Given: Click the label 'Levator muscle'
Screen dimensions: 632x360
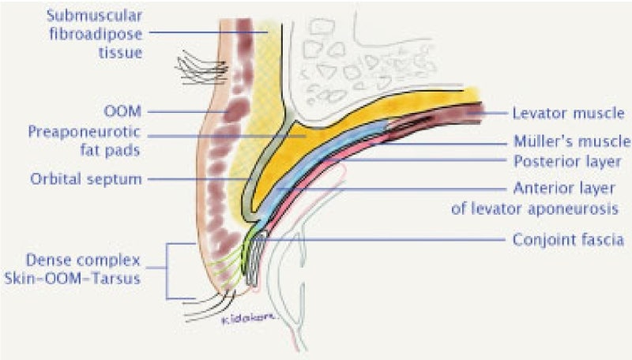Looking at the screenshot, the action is point(568,113).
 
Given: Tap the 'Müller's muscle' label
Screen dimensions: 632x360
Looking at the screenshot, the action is point(571,141).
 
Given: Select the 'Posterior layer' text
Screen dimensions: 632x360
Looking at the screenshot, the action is point(567,162).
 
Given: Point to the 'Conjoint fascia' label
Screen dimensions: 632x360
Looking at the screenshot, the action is point(568,240).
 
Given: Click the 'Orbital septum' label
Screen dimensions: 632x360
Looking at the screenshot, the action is point(86,178).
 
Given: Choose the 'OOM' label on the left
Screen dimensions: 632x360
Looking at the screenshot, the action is point(122,111).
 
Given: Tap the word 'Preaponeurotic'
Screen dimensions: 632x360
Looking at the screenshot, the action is point(84,132).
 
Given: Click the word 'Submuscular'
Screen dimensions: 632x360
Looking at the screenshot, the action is point(94,16).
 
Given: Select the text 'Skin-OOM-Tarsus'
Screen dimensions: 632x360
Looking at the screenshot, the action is point(72,278).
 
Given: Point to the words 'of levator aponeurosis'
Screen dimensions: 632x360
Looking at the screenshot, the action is point(535,209).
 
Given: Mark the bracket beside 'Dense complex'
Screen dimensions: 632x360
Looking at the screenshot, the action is point(167,271).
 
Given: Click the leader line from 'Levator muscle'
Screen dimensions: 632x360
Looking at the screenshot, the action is point(487,113).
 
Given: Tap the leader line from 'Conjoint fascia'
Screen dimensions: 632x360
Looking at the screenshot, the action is point(380,240).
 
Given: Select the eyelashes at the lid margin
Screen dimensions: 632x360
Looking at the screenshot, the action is point(209,306).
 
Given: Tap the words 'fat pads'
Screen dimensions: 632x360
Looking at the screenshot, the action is point(110,150).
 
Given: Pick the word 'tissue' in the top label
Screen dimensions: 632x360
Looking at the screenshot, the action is point(121,53).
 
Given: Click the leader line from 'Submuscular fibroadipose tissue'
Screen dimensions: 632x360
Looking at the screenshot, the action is point(209,32).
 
